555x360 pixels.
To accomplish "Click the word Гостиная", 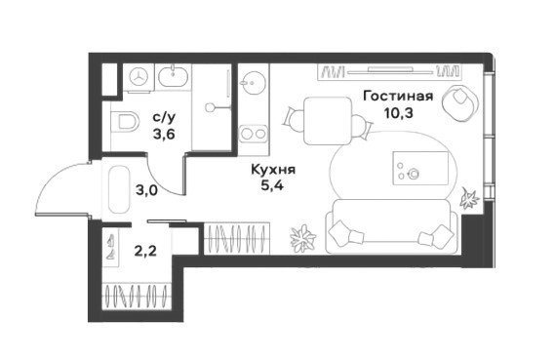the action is click(x=398, y=96).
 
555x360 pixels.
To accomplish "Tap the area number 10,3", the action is click(x=399, y=113).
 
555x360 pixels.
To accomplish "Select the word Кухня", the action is click(x=273, y=170).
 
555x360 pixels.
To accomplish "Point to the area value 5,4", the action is click(x=272, y=184).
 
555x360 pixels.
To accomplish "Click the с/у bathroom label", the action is click(x=164, y=117).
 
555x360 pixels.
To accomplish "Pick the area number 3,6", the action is click(x=164, y=135).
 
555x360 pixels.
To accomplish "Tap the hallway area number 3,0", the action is click(x=146, y=191).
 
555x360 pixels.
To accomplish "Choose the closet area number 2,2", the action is click(x=145, y=251).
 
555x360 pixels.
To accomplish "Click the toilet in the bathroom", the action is click(x=124, y=122).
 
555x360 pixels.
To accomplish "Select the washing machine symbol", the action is click(x=139, y=77).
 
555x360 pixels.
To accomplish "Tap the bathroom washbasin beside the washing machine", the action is click(x=173, y=77).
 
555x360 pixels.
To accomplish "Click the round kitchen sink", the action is click(x=253, y=84).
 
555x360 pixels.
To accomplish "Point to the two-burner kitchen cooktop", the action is click(x=253, y=134).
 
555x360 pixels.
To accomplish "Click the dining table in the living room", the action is click(x=328, y=121).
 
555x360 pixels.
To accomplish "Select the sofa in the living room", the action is click(x=392, y=226).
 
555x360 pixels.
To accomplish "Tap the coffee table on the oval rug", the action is click(x=420, y=168).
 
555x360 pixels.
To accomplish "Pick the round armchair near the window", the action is click(x=459, y=101).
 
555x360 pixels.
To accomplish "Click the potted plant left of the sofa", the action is click(x=303, y=238).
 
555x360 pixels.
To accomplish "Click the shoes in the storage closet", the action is click(x=110, y=246).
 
